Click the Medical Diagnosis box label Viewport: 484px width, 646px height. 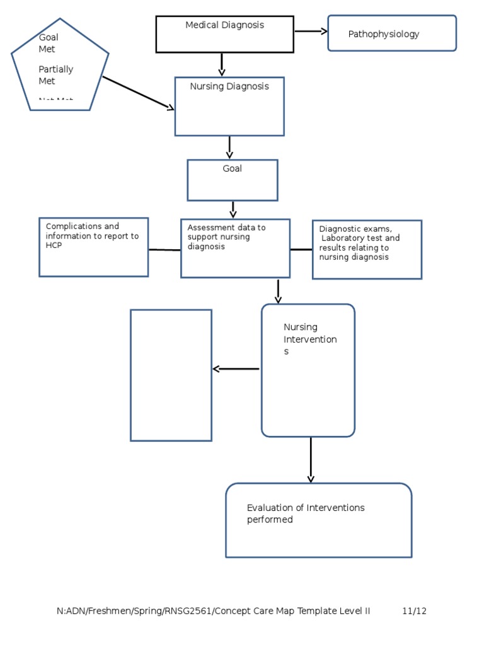tap(224, 25)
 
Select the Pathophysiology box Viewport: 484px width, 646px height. tap(391, 33)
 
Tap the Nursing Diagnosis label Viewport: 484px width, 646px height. tap(229, 87)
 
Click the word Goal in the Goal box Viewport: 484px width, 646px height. tap(232, 169)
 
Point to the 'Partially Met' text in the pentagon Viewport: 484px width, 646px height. tap(55, 75)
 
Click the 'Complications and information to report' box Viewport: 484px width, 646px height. tap(93, 247)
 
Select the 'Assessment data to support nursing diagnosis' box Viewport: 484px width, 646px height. tap(235, 249)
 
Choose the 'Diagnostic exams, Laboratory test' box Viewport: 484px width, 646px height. tap(367, 250)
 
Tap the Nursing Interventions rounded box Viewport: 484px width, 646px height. tap(308, 370)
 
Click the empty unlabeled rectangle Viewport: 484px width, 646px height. tap(171, 375)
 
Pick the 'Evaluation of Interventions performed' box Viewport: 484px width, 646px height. tap(318, 520)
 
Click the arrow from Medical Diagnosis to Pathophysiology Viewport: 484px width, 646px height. tap(311, 31)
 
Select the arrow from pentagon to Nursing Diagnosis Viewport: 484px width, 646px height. tap(138, 93)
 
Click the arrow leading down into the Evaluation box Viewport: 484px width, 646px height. tap(311, 460)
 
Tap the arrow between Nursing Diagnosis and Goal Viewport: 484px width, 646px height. tap(229, 147)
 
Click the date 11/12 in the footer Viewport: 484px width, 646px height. tap(414, 611)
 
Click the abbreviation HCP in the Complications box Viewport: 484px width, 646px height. tap(54, 245)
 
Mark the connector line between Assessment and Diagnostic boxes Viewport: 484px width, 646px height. tap(301, 250)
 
